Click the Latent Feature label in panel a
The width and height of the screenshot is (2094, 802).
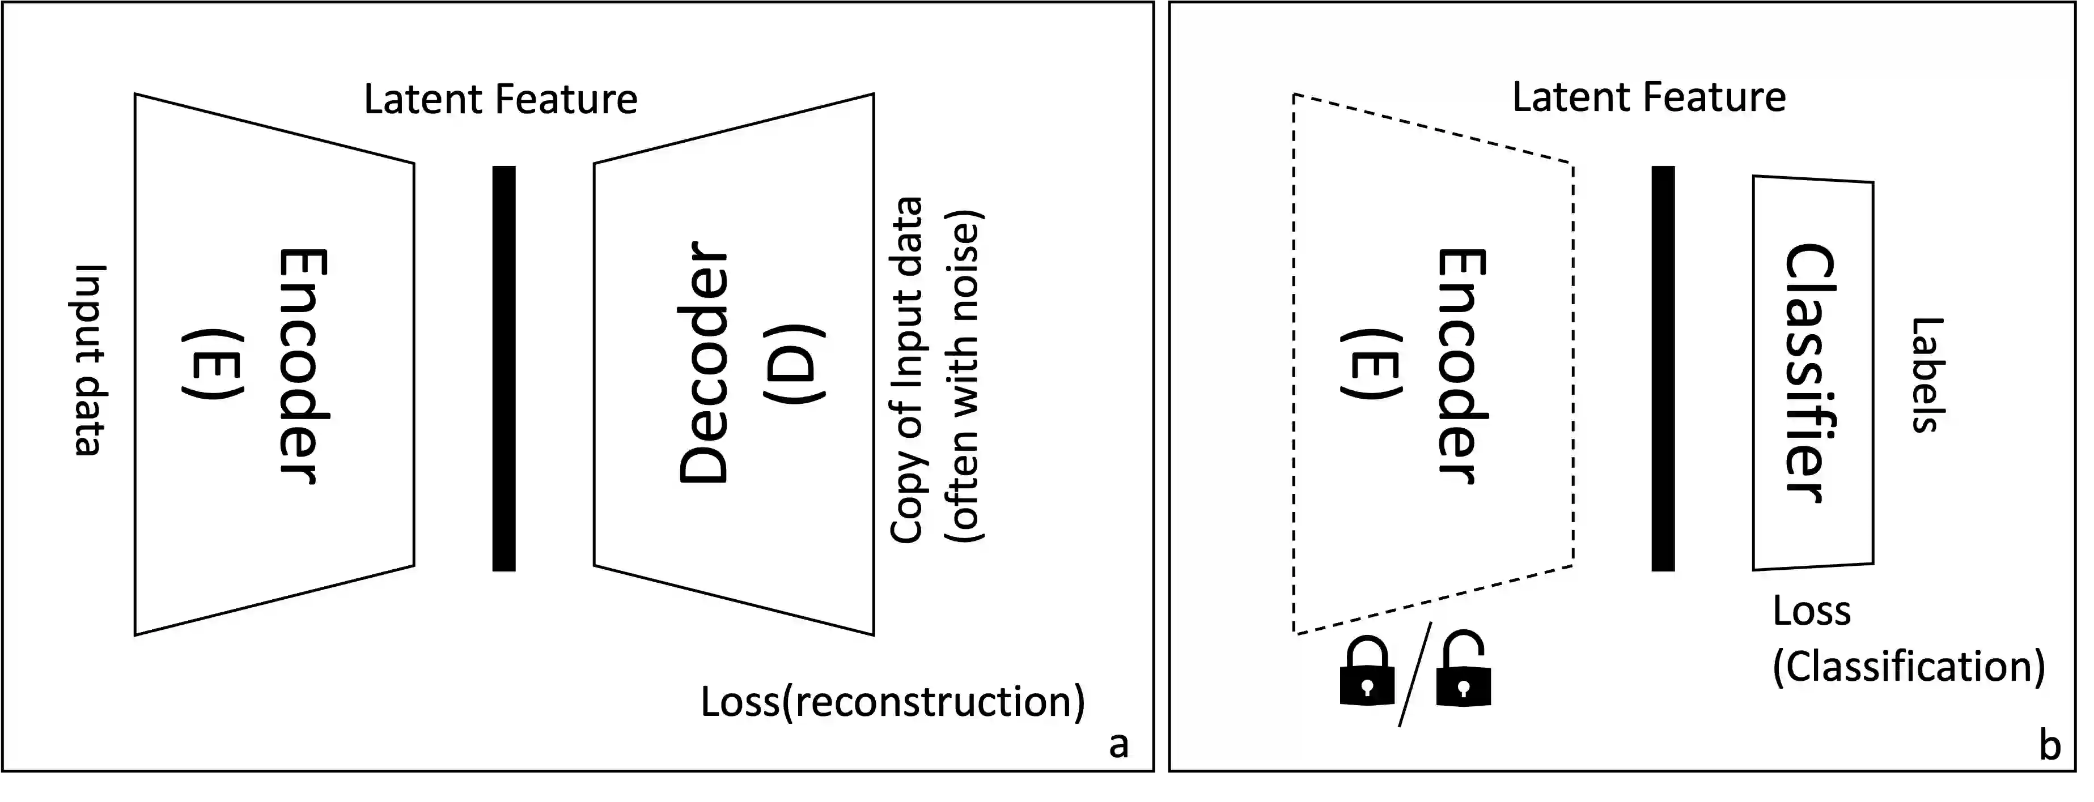click(x=500, y=100)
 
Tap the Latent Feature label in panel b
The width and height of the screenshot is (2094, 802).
click(x=1648, y=97)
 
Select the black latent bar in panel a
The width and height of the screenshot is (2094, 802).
click(x=504, y=368)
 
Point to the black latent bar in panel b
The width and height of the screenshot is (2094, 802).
click(x=1663, y=368)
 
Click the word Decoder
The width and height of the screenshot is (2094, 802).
click(x=704, y=363)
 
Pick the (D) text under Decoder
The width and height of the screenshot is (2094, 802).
click(x=794, y=363)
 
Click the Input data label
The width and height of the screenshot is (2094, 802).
click(x=88, y=360)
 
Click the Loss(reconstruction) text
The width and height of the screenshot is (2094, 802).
click(x=893, y=701)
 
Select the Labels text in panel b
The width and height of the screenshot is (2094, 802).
click(x=1927, y=374)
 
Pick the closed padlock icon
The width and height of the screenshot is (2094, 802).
click(x=1367, y=673)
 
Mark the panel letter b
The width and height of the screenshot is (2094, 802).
click(x=2050, y=744)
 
